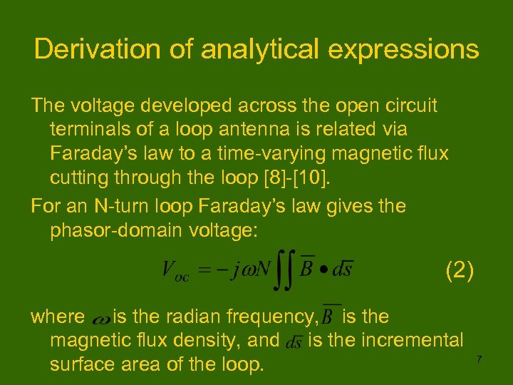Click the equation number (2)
pyautogui.click(x=459, y=271)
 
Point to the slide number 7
pyautogui.click(x=479, y=359)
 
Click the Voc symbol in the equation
pyautogui.click(x=175, y=271)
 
